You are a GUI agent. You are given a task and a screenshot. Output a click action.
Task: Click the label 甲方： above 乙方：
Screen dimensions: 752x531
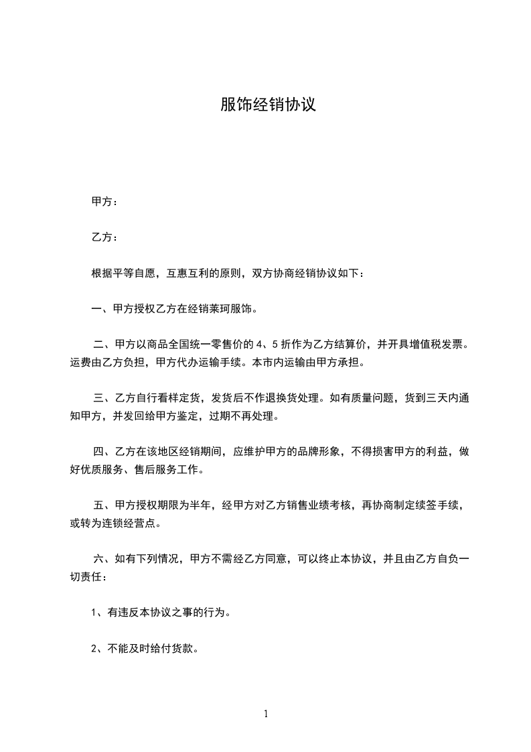coord(104,201)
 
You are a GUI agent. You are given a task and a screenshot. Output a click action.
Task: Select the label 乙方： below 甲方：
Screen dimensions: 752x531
coord(104,237)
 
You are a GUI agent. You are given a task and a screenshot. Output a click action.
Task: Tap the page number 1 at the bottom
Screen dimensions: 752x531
coord(266,714)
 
